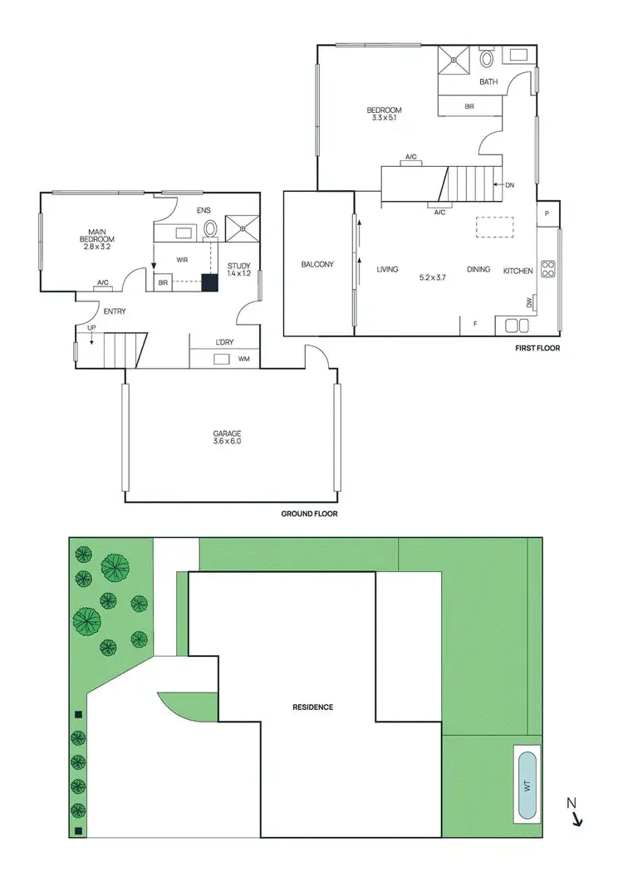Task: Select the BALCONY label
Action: pyautogui.click(x=317, y=265)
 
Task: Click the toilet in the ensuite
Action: pyautogui.click(x=211, y=228)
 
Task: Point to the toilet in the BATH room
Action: pyautogui.click(x=486, y=58)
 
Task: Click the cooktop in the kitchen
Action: pyautogui.click(x=548, y=268)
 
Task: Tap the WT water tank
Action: pyautogui.click(x=527, y=785)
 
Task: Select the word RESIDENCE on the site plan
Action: pyautogui.click(x=312, y=707)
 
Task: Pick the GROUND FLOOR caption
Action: pyautogui.click(x=309, y=514)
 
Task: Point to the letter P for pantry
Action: pyautogui.click(x=547, y=213)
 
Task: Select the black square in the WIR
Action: pyautogui.click(x=210, y=282)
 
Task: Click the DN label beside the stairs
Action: pyautogui.click(x=509, y=185)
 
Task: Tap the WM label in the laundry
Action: pyautogui.click(x=244, y=360)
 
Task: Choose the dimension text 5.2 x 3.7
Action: pyautogui.click(x=433, y=277)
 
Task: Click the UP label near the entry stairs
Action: pyautogui.click(x=91, y=328)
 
